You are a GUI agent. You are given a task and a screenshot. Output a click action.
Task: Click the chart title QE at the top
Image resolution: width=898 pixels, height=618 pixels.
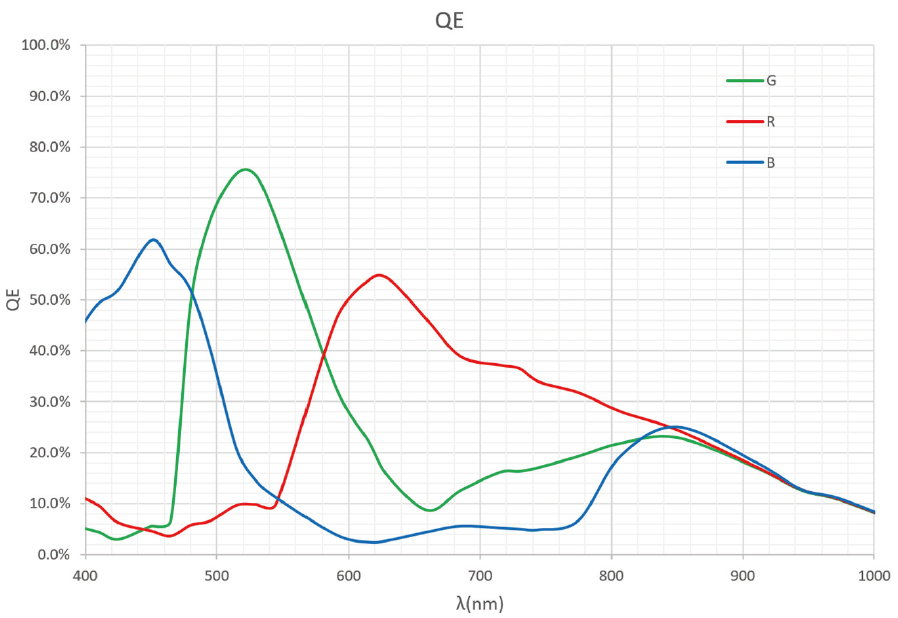click(x=449, y=20)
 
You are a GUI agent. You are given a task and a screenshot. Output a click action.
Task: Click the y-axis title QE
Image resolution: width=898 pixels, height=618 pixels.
click(x=14, y=299)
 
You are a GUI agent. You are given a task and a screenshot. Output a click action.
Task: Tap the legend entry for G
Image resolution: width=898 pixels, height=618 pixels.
click(x=771, y=80)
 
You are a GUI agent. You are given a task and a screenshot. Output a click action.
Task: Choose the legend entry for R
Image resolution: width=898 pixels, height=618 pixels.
click(x=771, y=121)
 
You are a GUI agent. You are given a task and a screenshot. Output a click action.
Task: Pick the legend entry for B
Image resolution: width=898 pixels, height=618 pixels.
click(x=771, y=162)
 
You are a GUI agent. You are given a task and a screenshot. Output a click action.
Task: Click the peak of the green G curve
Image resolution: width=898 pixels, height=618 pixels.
click(x=245, y=169)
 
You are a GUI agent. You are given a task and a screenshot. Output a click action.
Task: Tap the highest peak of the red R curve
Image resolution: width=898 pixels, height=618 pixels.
click(x=379, y=275)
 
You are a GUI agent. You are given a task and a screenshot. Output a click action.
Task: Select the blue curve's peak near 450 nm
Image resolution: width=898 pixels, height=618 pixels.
click(x=153, y=240)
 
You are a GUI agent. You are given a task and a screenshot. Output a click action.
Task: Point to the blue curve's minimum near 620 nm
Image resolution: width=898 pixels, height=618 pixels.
click(x=374, y=542)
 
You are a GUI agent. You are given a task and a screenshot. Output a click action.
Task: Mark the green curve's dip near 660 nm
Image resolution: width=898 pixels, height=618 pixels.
click(x=429, y=510)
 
